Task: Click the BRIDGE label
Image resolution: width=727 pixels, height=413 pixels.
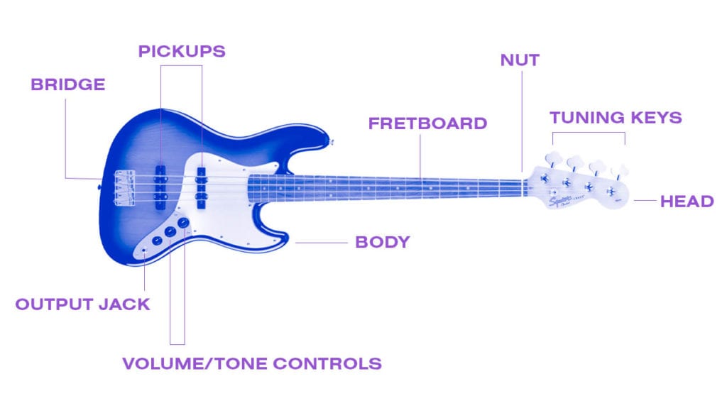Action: (x=68, y=85)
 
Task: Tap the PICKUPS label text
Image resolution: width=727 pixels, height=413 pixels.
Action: (x=182, y=52)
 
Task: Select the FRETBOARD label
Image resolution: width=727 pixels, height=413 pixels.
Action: (x=427, y=123)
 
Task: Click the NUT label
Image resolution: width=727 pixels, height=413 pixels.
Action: (x=520, y=60)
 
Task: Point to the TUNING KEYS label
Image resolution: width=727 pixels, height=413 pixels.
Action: (x=616, y=118)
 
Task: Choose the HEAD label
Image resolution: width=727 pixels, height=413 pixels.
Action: (x=687, y=202)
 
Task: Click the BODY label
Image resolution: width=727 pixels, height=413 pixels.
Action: (x=383, y=242)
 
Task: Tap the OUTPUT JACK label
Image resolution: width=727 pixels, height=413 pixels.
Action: (x=82, y=304)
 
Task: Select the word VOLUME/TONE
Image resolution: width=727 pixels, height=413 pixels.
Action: (x=195, y=364)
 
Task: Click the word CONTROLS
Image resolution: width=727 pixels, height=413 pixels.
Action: (x=327, y=364)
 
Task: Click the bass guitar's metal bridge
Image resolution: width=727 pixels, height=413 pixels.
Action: (x=125, y=188)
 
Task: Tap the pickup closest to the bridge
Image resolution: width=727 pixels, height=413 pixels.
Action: (x=160, y=188)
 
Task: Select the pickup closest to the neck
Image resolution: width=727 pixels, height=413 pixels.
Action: (x=201, y=188)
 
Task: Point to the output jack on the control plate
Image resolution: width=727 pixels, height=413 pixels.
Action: (x=144, y=250)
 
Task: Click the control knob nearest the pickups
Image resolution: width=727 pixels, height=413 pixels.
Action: (x=184, y=223)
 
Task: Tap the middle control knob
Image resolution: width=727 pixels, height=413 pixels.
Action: (x=170, y=232)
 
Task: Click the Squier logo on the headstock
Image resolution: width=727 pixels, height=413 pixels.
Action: (x=560, y=201)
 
